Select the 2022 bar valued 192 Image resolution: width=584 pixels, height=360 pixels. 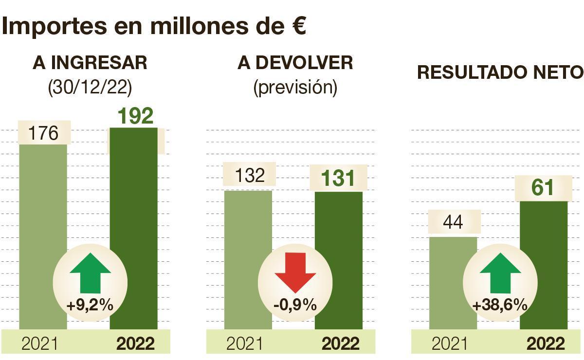(x=134, y=195)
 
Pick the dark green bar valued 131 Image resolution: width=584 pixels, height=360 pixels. (x=339, y=224)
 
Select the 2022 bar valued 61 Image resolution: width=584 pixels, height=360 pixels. (x=544, y=234)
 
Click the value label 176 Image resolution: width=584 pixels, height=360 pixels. (x=43, y=133)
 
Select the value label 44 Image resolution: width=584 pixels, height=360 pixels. (x=454, y=223)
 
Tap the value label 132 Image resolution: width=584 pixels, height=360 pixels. (x=249, y=175)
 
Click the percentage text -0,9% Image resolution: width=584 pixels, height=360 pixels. (x=295, y=306)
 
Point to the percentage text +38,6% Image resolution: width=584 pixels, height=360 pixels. (x=500, y=306)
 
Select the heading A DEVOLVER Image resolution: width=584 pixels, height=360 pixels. (x=295, y=63)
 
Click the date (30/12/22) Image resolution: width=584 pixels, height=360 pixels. (x=90, y=87)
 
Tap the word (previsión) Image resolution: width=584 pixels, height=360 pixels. (x=295, y=87)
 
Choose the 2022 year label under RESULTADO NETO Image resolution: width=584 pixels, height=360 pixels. (x=546, y=343)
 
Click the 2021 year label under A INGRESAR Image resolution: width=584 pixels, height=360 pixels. (x=39, y=343)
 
